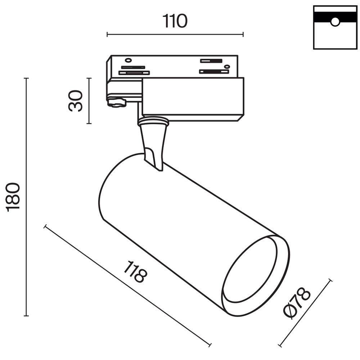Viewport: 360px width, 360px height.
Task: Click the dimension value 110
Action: (x=175, y=21)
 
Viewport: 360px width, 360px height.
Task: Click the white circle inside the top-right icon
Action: (x=335, y=22)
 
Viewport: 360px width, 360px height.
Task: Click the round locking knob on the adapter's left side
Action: (x=116, y=103)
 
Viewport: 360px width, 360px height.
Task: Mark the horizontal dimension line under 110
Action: (x=175, y=35)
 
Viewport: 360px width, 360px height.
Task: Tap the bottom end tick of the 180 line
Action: (x=26, y=316)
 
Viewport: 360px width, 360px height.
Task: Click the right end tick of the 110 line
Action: (x=243, y=35)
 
